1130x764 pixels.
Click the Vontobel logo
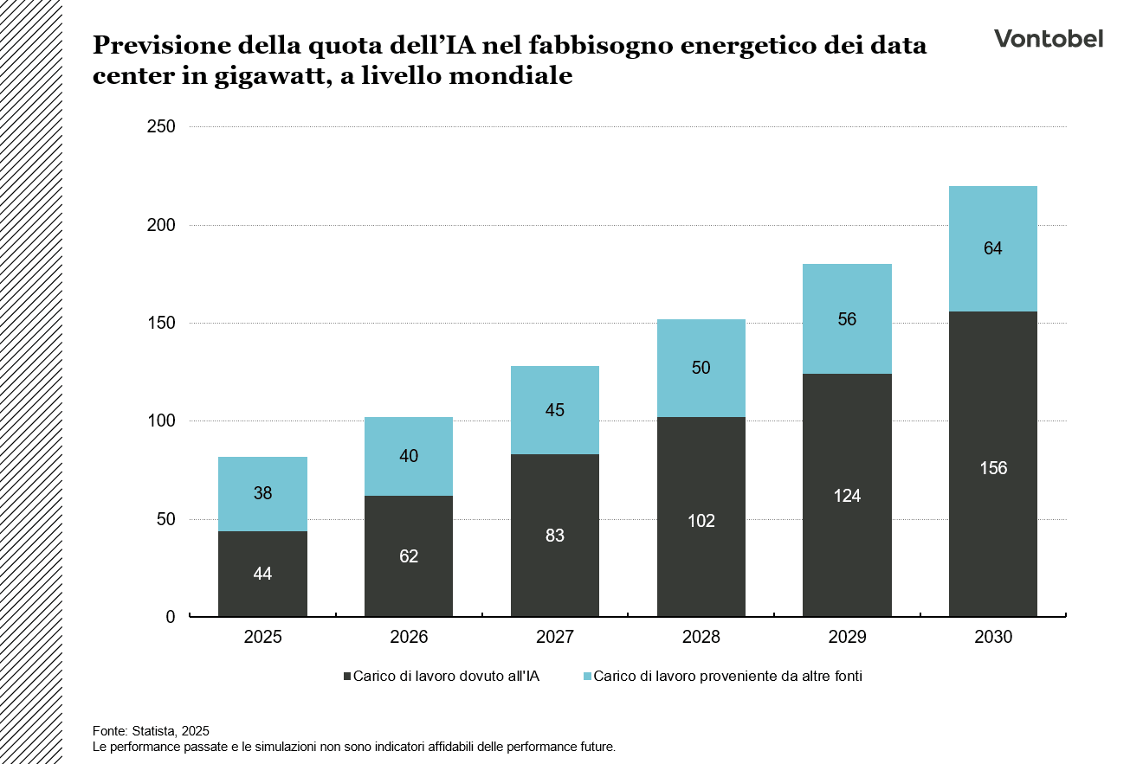coord(1048,39)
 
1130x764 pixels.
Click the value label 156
coord(992,468)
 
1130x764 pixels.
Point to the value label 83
coord(555,536)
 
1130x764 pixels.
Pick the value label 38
coord(262,494)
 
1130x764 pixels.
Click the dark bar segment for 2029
coord(847,536)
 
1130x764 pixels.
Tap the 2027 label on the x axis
coord(555,638)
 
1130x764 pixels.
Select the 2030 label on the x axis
coord(992,638)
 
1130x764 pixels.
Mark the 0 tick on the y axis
coord(171,617)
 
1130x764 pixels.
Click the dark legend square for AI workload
coord(347,677)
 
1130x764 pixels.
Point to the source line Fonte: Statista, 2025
coord(151,730)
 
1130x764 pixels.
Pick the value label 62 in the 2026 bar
coord(409,556)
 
